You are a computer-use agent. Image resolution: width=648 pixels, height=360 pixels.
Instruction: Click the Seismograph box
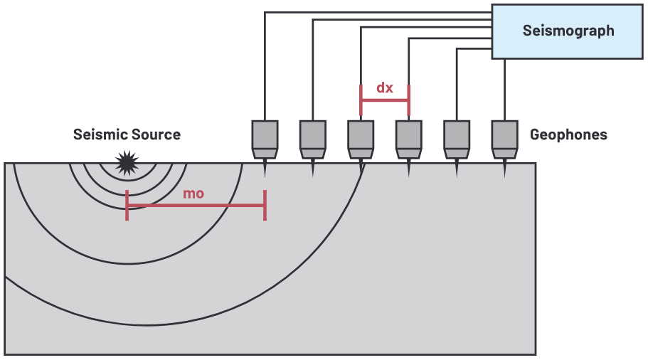568,31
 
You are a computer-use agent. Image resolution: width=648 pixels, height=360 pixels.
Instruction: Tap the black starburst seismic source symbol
127,163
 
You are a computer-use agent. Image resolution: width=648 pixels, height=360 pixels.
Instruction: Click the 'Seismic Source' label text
127,134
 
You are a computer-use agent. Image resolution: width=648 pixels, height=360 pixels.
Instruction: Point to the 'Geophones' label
568,134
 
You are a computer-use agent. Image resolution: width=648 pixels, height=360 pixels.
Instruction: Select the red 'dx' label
385,88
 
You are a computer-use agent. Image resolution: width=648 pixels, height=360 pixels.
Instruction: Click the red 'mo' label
193,194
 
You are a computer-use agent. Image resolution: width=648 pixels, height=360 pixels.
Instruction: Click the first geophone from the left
265,139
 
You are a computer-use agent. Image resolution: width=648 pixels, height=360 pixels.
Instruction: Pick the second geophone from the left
313,139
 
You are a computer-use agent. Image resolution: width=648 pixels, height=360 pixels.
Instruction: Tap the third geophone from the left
361,139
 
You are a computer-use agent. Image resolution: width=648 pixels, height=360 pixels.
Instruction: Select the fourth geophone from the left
409,139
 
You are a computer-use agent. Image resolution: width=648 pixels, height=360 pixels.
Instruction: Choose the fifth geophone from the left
457,139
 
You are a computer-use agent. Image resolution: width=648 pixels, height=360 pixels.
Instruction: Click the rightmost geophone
504,139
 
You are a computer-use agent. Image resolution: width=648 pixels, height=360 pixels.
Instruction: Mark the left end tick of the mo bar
127,206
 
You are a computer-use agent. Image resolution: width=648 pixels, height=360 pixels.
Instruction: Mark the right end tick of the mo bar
265,206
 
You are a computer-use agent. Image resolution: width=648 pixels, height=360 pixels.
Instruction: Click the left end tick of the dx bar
361,100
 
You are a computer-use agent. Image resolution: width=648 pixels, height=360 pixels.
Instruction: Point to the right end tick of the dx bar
408,100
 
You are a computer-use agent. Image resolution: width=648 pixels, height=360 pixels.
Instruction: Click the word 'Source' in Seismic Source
156,134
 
